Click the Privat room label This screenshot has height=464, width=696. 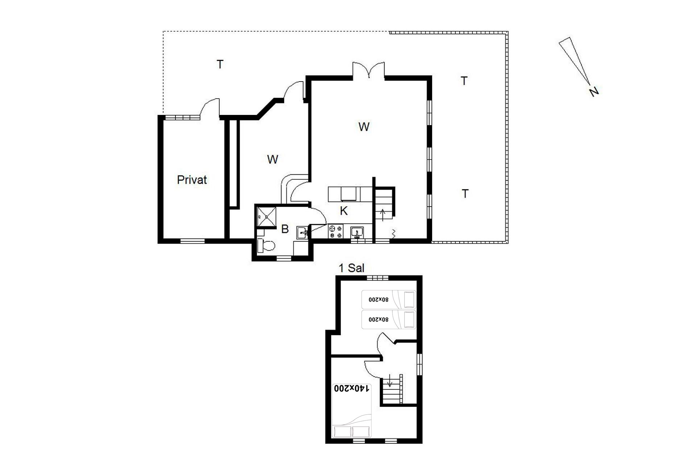192,180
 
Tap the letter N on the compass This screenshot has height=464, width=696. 593,91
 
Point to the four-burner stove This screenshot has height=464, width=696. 335,232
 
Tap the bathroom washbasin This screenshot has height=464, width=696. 302,232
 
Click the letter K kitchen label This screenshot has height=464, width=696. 344,211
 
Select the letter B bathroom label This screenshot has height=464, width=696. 285,229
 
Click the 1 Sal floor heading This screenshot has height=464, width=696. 351,268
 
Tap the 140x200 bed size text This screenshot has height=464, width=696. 351,388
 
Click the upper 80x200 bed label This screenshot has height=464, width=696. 378,300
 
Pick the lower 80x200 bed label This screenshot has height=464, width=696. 378,320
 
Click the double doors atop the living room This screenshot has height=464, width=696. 369,70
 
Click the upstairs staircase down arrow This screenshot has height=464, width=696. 390,381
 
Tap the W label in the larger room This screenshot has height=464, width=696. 364,127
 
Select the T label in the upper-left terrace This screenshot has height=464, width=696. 220,65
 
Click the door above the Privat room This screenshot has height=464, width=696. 210,108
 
